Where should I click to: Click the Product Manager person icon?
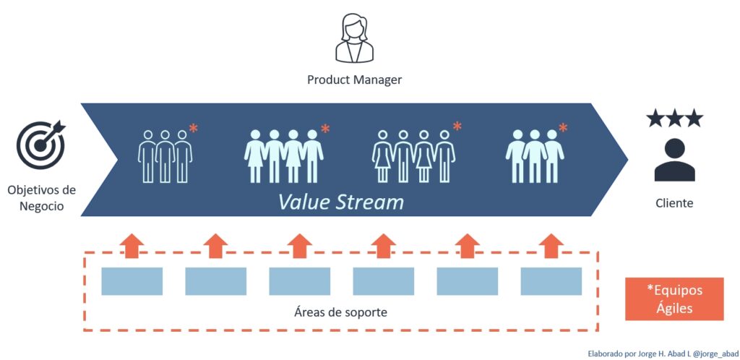click(354, 40)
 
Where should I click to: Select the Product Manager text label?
click(354, 80)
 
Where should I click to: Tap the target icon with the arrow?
click(40, 144)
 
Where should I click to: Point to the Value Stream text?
click(341, 201)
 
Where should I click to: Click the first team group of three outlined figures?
click(165, 155)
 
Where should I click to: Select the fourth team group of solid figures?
click(535, 155)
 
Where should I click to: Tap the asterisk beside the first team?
click(193, 130)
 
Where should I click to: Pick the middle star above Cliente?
click(674, 119)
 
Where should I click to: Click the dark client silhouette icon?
click(674, 160)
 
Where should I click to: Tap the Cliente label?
click(674, 203)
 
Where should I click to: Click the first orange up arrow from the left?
click(132, 245)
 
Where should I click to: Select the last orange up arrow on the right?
click(551, 245)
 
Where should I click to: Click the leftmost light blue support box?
click(132, 281)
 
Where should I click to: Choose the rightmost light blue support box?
click(551, 281)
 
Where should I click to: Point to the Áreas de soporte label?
click(340, 312)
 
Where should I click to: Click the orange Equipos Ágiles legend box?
click(674, 299)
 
